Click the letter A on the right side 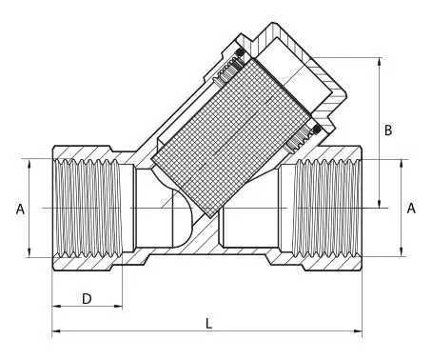[411, 207]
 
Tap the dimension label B [387, 130]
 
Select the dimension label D [86, 299]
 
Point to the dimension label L [208, 322]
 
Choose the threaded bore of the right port [328, 207]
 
